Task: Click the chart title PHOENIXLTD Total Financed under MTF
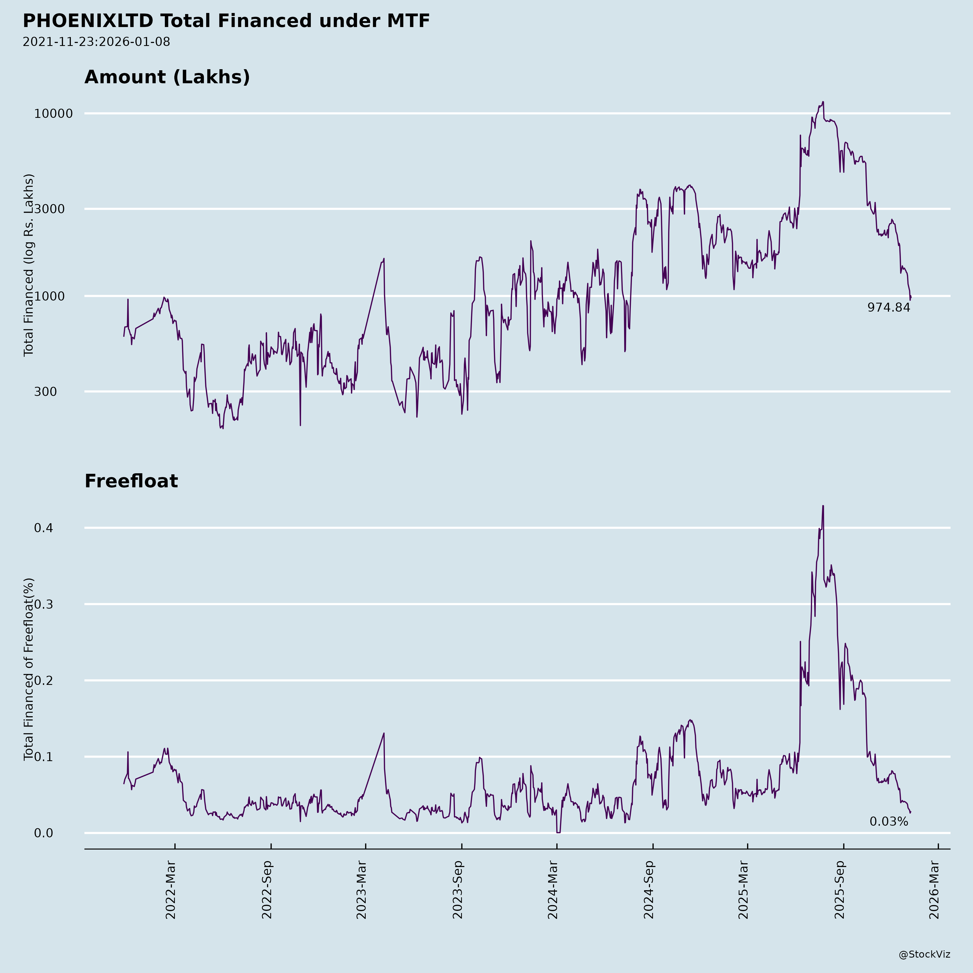(226, 21)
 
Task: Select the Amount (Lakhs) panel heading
(167, 77)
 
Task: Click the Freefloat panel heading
(131, 481)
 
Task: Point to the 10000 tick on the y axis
(54, 114)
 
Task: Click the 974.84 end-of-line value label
(888, 308)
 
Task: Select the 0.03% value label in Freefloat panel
(888, 822)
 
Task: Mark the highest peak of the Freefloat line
(823, 506)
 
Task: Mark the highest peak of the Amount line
(823, 102)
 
